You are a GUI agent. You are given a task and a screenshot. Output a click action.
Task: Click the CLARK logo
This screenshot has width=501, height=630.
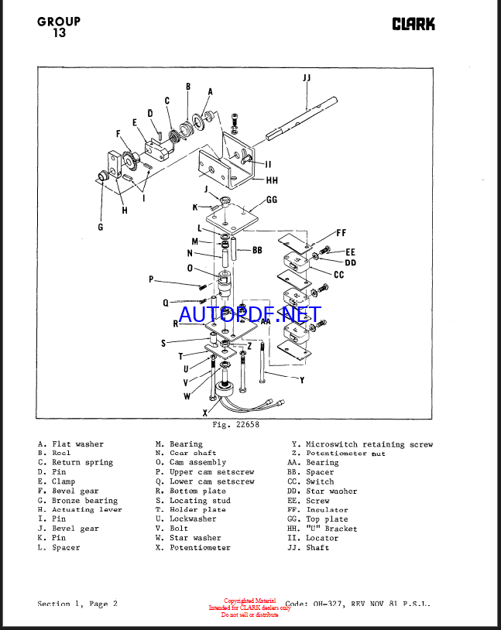coord(413,23)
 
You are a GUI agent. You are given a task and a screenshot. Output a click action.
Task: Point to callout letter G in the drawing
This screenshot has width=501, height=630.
coord(100,227)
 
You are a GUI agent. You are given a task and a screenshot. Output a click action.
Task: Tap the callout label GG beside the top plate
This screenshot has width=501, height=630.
coord(271,199)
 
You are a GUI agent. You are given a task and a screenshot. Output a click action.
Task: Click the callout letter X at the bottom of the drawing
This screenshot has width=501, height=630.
coord(205,413)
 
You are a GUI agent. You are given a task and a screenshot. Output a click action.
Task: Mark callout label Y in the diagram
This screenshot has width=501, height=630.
coord(301,379)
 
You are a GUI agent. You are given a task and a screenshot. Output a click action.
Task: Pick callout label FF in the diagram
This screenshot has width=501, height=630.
coord(341,232)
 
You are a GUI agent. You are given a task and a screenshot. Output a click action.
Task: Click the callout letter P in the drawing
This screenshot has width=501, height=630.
coord(152,279)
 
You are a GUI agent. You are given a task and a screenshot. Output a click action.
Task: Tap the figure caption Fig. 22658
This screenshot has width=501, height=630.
coord(235,424)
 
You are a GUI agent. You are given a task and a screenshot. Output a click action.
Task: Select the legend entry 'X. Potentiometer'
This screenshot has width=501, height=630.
coord(193,547)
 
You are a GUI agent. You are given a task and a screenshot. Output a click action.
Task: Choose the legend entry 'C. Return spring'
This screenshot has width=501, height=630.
coord(75,462)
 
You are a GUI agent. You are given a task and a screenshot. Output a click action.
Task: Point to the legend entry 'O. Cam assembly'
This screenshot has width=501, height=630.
coord(190,462)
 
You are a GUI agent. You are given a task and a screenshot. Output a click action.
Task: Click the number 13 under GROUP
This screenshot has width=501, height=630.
coord(59,33)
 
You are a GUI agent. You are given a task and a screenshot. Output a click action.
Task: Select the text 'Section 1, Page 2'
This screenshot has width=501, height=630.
coord(77,604)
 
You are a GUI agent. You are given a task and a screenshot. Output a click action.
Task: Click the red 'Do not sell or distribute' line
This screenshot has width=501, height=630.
coord(249,615)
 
